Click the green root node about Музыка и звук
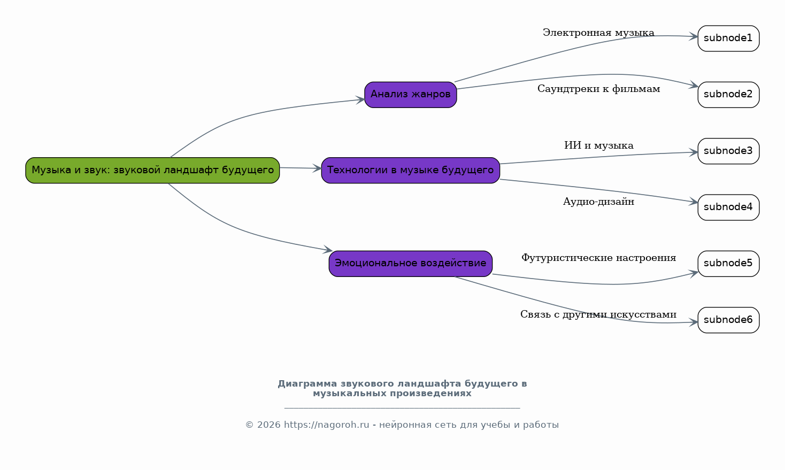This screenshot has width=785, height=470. tap(152, 170)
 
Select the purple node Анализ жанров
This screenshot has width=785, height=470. tap(410, 95)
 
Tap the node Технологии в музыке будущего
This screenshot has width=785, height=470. tap(410, 170)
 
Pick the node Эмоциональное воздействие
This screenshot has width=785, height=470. tap(410, 264)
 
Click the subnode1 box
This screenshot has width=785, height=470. tap(728, 38)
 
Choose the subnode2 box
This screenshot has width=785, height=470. tap(728, 95)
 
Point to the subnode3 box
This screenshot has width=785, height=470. tap(728, 151)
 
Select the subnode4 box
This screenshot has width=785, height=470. tap(728, 207)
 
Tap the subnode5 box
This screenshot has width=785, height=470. tap(728, 264)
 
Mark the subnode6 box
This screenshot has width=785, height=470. tap(728, 320)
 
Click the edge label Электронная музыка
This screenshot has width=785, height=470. tap(598, 33)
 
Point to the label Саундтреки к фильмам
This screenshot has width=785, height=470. tap(598, 89)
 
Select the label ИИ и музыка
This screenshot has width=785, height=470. tap(598, 146)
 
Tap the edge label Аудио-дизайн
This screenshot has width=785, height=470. tap(598, 202)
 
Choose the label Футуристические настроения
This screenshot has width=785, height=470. tap(598, 258)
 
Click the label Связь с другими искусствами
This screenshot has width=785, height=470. tap(598, 315)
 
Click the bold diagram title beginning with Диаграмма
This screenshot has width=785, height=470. tap(402, 389)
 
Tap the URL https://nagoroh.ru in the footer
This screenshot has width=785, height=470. tap(326, 425)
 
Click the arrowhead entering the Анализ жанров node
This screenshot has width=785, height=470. tap(360, 99)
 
